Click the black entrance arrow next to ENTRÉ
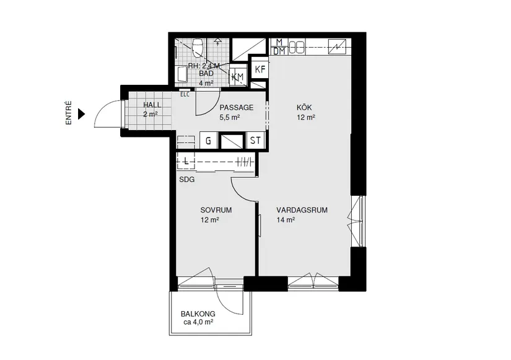tap(82, 114)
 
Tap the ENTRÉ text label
tap(69, 114)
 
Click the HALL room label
tap(152, 105)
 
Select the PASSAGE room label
tap(237, 107)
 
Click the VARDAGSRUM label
tap(302, 210)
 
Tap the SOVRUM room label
tap(216, 210)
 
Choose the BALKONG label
tap(198, 314)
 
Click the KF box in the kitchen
tap(260, 69)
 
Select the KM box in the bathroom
tap(237, 76)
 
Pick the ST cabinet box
tap(255, 141)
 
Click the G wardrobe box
tap(209, 141)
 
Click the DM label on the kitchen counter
tap(279, 51)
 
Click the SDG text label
tap(186, 180)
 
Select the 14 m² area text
tap(286, 219)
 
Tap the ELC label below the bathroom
tap(185, 94)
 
